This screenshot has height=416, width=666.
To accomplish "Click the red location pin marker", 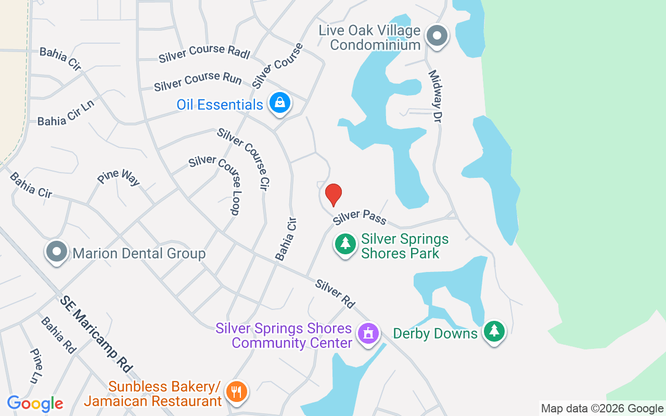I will [x=333, y=195].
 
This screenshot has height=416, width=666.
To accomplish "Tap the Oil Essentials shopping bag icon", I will [x=280, y=102].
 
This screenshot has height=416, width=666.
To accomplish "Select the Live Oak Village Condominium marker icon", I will [x=437, y=36].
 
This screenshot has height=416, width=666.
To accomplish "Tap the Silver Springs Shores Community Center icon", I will [x=369, y=333].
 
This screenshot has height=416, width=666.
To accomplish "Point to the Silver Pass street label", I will [x=360, y=216].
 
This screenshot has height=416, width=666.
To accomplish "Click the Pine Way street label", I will [x=119, y=177].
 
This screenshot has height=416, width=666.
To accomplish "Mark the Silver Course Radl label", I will [x=204, y=54].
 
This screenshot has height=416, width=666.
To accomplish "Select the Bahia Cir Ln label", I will [x=66, y=113].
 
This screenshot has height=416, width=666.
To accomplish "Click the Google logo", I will [x=35, y=404].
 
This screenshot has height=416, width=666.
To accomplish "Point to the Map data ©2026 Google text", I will [x=602, y=409].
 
